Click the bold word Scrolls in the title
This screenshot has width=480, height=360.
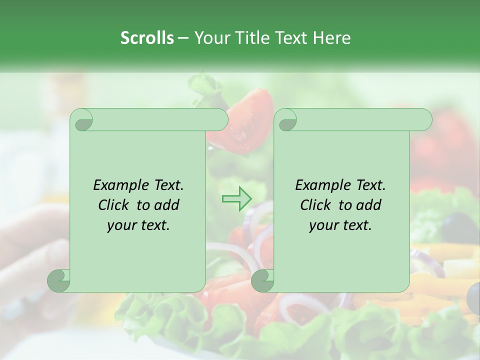tap(147, 38)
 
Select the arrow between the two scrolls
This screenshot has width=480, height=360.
tap(236, 199)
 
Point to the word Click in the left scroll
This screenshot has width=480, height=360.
tap(115, 205)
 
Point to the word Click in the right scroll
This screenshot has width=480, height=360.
tap(317, 205)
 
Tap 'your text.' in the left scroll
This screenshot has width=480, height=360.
tap(138, 225)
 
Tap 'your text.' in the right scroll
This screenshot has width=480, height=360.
tap(340, 225)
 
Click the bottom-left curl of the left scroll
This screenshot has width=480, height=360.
tap(59, 280)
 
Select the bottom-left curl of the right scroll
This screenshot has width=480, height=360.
tap(263, 280)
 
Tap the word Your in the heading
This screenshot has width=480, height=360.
tap(209, 38)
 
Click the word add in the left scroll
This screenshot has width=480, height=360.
tap(166, 205)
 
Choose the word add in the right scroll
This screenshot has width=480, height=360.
tap(368, 205)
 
